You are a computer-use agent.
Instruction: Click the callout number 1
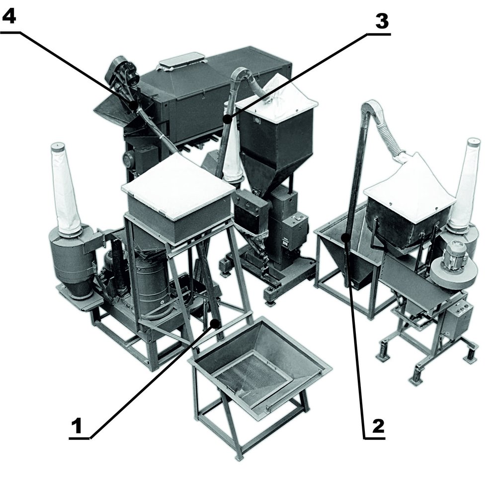77,425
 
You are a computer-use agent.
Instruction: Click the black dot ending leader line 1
216,323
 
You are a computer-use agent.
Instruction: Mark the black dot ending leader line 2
346,238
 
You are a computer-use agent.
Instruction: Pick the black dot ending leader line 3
226,119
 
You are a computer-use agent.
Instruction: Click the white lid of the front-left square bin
178,188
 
